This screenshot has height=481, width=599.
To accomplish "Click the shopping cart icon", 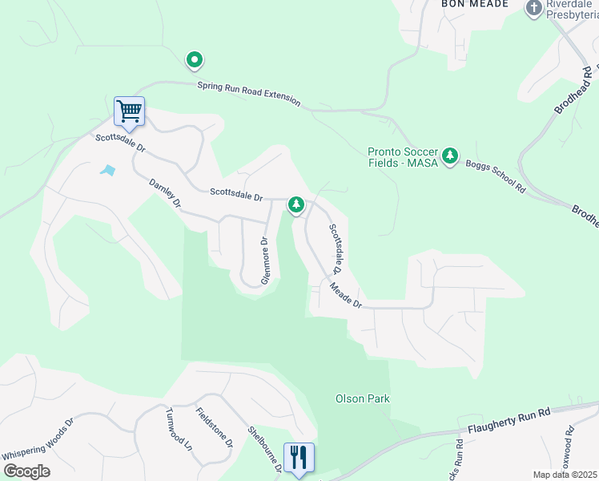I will (x=129, y=111).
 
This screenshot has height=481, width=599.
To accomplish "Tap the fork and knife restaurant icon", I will (x=299, y=458).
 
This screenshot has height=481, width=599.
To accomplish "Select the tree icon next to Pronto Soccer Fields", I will (x=451, y=154).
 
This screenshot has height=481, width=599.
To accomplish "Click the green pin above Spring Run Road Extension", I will (x=194, y=59).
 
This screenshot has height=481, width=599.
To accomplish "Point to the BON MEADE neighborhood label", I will (x=475, y=4).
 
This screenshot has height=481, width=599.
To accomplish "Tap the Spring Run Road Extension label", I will (x=248, y=92).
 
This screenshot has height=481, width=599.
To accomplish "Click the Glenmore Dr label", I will (x=266, y=260).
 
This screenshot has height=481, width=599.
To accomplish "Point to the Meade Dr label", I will (x=346, y=293).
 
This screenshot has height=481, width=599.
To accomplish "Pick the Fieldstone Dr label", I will (x=215, y=427).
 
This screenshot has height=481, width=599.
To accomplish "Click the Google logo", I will (x=26, y=471).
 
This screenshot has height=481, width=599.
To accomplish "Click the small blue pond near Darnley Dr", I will (x=107, y=170).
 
